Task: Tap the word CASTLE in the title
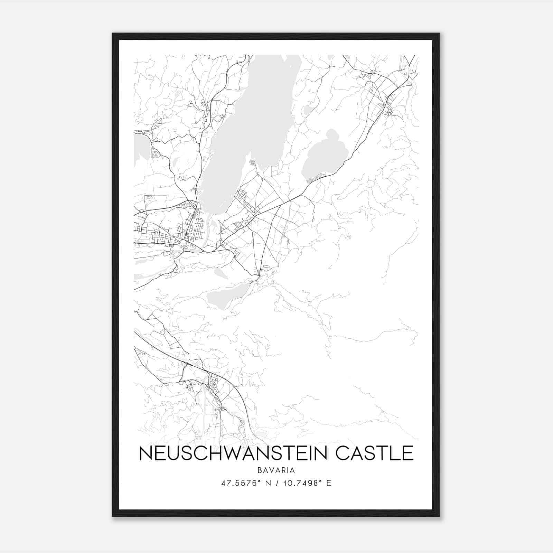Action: pos(375,453)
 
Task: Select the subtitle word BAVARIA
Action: pos(276,470)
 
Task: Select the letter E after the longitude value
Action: pos(329,483)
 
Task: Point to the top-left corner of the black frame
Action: pos(113,34)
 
